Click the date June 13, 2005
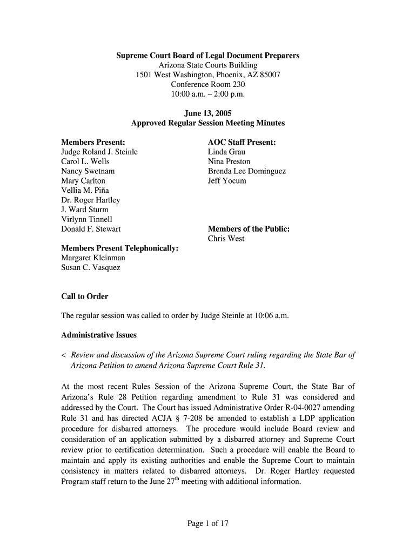coord(208,113)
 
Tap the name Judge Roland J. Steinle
coord(99,152)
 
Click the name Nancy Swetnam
coord(88,171)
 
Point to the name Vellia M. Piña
coord(86,191)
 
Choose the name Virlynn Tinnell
coord(86,219)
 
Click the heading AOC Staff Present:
coord(241,142)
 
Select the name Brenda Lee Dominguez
coord(247,171)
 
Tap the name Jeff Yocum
coord(227,181)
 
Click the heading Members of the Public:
coord(249,229)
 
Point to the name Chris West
coord(226,239)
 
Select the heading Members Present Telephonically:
coord(120,248)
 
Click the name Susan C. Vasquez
coord(91,268)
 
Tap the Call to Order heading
coord(85,296)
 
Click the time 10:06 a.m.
coord(270,316)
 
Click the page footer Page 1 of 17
coord(208,523)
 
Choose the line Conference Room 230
coord(208,84)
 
